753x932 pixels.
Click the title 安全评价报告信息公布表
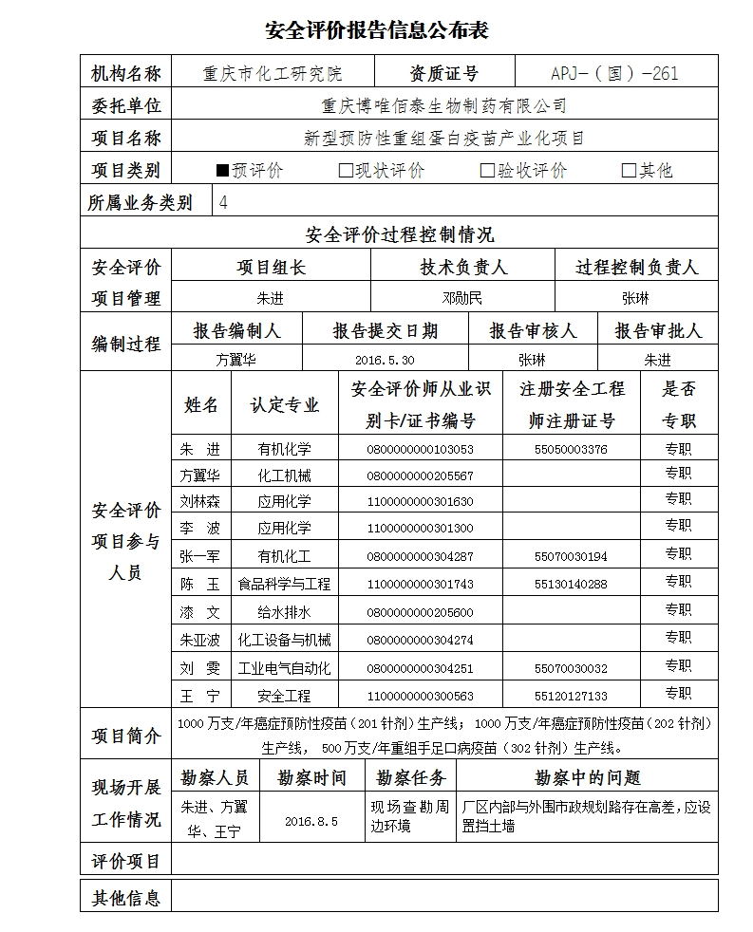(x=376, y=30)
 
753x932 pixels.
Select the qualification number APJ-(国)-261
(x=614, y=73)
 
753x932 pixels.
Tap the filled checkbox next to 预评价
(x=223, y=171)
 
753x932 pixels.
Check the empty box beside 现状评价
(x=346, y=171)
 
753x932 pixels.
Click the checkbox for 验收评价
(x=487, y=171)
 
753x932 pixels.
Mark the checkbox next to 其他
(x=628, y=171)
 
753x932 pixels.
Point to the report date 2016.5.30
(x=385, y=360)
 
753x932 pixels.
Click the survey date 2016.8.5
(x=311, y=821)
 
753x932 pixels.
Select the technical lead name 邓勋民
(x=462, y=298)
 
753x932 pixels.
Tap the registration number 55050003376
(x=571, y=449)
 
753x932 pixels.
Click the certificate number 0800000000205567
(x=420, y=475)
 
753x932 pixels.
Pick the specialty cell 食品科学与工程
(x=284, y=584)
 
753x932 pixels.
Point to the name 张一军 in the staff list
(x=199, y=556)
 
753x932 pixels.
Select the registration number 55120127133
(x=571, y=695)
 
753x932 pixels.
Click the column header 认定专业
(x=284, y=404)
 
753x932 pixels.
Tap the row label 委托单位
(x=126, y=105)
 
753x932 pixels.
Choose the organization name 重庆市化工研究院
(x=273, y=73)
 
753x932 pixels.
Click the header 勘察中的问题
(x=588, y=778)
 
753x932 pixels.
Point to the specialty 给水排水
(x=284, y=611)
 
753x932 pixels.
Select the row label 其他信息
(x=126, y=896)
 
